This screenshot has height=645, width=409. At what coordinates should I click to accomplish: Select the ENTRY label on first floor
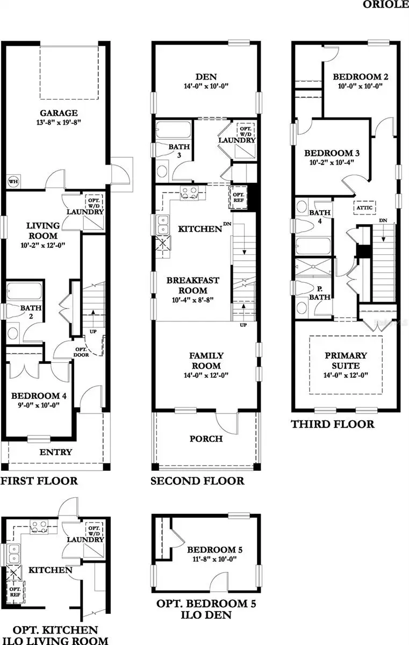pos(56,452)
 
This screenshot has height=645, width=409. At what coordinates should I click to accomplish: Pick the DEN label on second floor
pos(206,75)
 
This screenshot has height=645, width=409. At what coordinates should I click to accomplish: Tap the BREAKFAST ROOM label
pos(192,285)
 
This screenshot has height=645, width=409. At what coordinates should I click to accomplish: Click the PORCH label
pos(206,439)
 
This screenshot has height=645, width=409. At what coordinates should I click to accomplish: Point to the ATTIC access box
pos(364,207)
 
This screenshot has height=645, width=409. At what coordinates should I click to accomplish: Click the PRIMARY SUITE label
pos(346,360)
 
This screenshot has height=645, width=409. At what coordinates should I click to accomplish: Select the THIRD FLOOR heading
pos(333,424)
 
